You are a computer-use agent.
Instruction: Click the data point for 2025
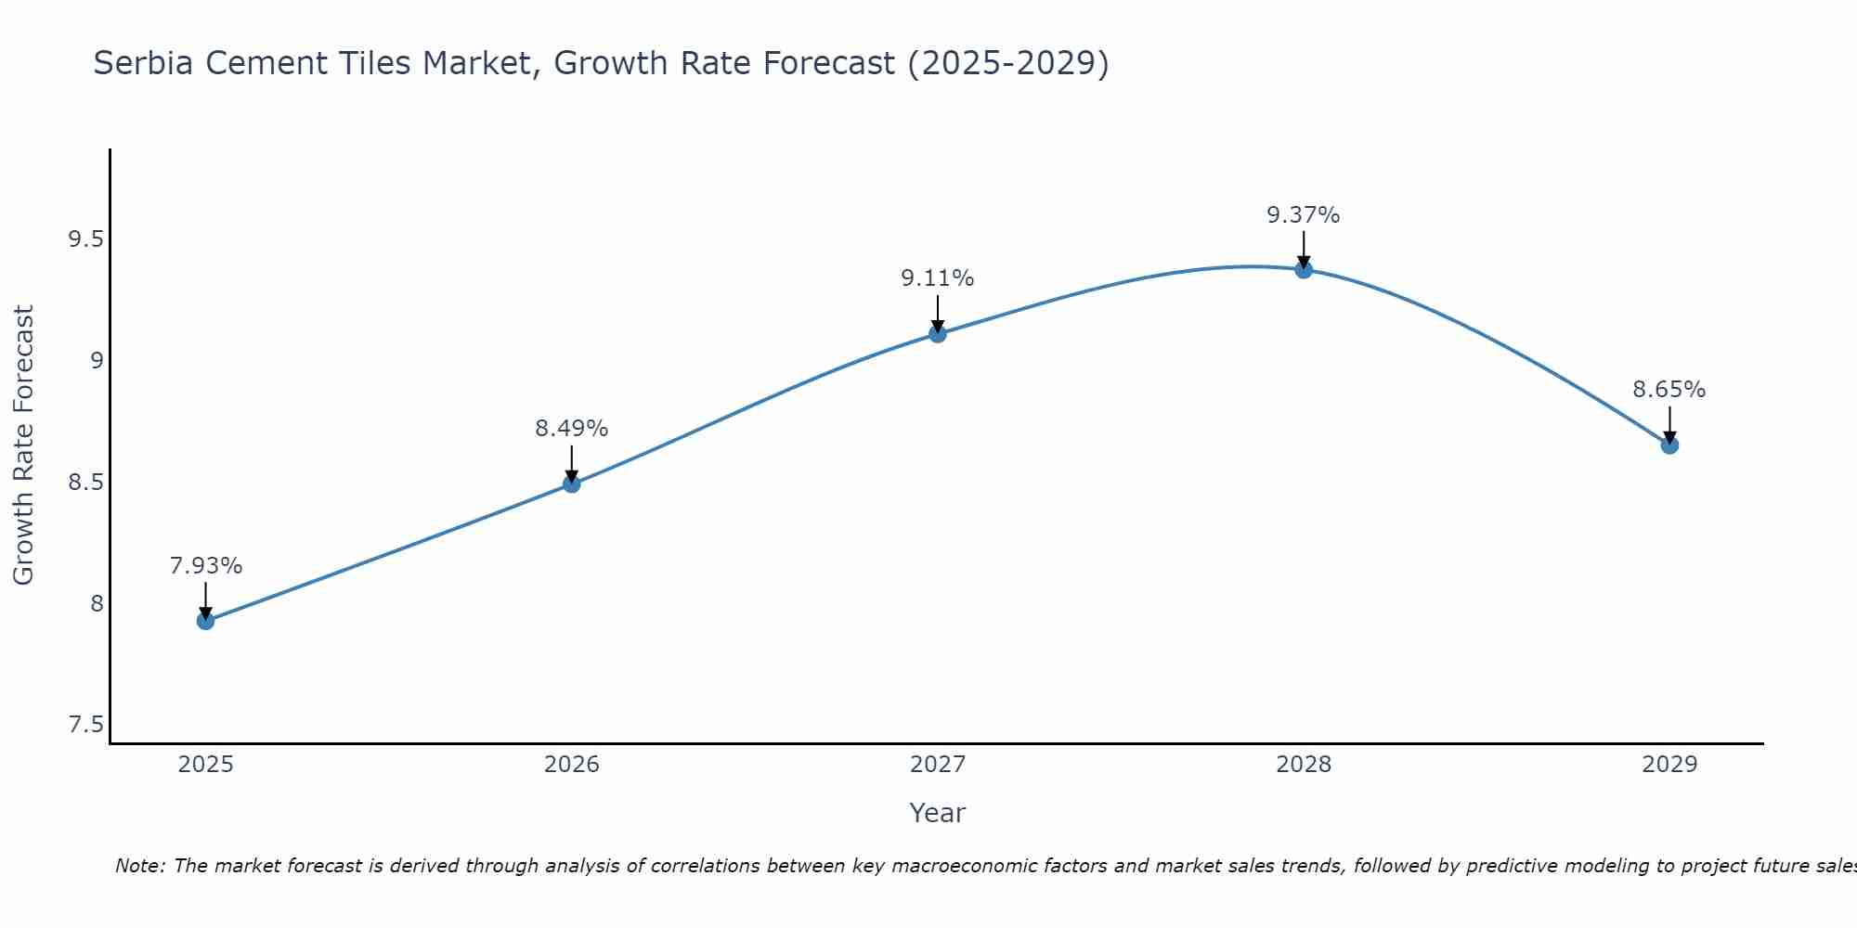[206, 621]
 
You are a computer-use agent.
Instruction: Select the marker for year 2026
[572, 483]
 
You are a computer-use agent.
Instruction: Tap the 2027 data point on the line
[938, 333]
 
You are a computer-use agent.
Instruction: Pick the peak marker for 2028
[1304, 270]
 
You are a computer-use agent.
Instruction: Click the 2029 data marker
[1669, 445]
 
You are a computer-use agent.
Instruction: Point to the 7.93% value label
[206, 566]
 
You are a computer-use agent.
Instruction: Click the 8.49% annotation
[572, 429]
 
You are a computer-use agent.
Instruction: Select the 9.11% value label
[938, 278]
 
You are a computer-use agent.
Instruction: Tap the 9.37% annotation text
[1304, 215]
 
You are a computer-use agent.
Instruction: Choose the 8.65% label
[1669, 390]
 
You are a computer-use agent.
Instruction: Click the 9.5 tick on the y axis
[85, 240]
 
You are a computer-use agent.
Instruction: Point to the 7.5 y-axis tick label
[85, 725]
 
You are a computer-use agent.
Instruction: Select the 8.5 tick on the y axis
[85, 483]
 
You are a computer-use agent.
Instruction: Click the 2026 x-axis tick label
[572, 765]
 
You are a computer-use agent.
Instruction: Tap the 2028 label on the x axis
[1304, 765]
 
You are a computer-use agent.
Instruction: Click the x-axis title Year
[938, 813]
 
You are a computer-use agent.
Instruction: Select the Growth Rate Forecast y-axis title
[24, 445]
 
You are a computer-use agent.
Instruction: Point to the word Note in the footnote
[139, 866]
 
